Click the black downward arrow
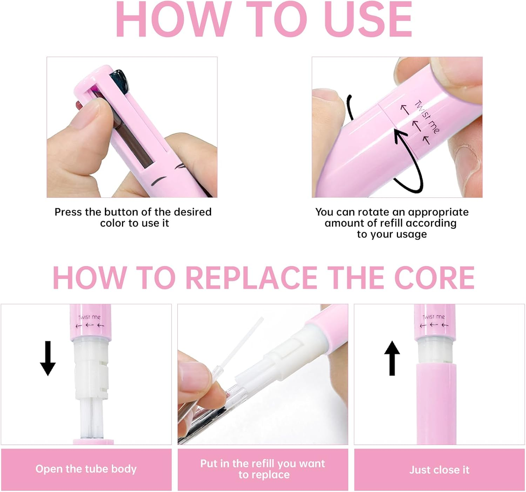[x=48, y=358]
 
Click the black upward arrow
[x=392, y=358]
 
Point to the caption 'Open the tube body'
[x=86, y=469]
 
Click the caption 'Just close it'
[x=439, y=470]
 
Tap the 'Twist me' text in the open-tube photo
[x=89, y=317]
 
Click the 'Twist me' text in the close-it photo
[x=433, y=317]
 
